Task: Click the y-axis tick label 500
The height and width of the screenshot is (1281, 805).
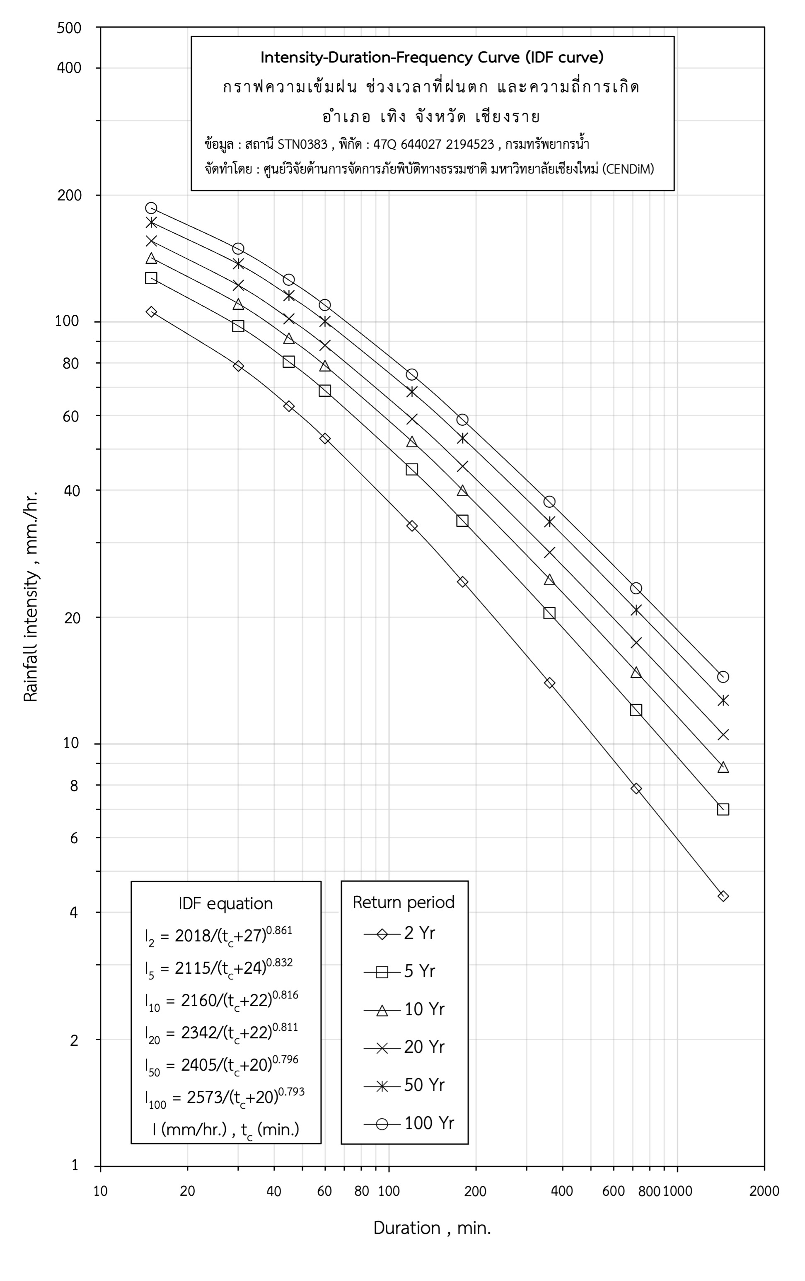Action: click(x=69, y=28)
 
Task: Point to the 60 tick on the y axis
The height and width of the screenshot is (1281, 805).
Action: click(x=71, y=416)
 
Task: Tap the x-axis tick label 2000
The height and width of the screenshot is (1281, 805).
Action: click(x=764, y=1191)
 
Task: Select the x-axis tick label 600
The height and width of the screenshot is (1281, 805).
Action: click(x=614, y=1191)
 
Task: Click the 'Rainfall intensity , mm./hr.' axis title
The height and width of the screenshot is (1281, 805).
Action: click(x=31, y=596)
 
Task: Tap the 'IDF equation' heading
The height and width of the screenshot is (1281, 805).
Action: click(x=226, y=903)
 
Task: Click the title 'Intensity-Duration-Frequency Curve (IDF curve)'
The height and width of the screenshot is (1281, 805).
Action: click(x=432, y=58)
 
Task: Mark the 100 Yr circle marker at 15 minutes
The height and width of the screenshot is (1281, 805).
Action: click(x=151, y=208)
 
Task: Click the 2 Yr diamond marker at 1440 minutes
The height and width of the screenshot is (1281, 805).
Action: click(x=723, y=896)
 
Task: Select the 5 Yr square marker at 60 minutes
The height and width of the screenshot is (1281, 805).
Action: click(x=324, y=391)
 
